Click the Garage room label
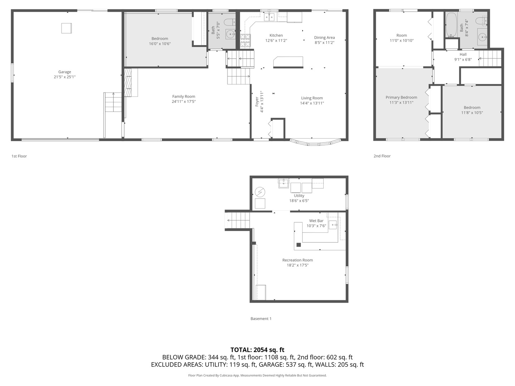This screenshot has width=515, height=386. point(65,72)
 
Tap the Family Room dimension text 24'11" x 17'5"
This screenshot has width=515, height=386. point(183,102)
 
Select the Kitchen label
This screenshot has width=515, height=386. point(276,35)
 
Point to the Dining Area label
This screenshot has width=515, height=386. point(324,38)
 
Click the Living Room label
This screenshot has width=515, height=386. point(312,98)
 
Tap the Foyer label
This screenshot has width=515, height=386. point(257,102)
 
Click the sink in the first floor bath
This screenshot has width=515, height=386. point(230,34)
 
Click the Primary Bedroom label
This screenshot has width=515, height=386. point(401,97)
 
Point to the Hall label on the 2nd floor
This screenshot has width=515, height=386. point(463,55)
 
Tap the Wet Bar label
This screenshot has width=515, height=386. point(316,221)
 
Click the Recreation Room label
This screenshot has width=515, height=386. point(298,260)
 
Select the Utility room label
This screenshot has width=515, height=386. point(299,196)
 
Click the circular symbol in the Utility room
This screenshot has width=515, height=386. point(260,192)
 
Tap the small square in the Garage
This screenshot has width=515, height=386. point(67,28)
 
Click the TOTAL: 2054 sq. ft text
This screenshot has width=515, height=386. point(257,350)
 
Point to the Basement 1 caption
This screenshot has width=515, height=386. point(261,319)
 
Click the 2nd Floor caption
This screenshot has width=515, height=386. point(382,156)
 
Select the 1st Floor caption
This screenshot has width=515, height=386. point(19,156)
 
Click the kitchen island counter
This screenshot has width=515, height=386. point(288,62)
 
